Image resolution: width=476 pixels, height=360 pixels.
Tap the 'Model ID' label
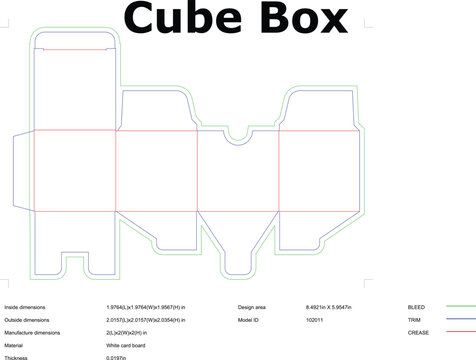point(249,319)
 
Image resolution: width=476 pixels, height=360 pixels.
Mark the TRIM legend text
point(414,319)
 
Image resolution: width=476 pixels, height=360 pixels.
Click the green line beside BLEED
point(461,307)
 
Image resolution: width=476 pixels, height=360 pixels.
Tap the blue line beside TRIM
point(461,319)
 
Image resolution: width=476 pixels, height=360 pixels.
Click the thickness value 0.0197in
point(120,357)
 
